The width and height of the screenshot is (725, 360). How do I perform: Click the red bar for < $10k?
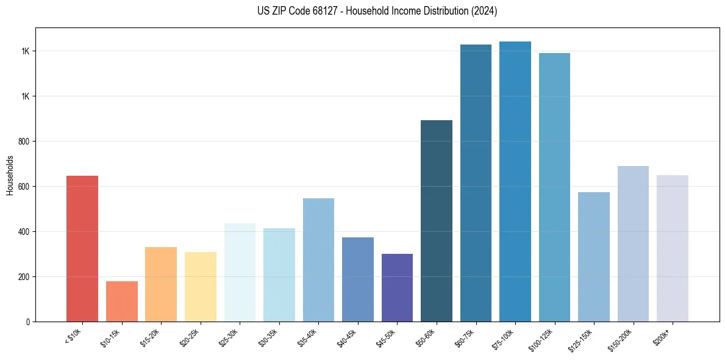pos(82,248)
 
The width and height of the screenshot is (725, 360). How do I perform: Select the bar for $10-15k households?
pos(121,301)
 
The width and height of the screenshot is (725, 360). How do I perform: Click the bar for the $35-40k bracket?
pos(318,260)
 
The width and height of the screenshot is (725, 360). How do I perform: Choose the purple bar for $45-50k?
pos(397,287)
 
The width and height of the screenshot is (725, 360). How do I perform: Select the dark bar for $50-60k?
pos(437,221)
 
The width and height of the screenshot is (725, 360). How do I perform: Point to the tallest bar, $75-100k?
pos(515,181)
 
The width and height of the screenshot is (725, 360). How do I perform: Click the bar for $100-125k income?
pos(554,187)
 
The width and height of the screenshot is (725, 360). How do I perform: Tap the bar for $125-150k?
pos(594,257)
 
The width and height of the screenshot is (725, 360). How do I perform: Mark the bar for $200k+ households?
pos(673,248)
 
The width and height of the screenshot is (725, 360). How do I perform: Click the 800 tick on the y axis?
pos(24,142)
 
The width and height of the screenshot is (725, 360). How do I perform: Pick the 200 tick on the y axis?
pos(24,277)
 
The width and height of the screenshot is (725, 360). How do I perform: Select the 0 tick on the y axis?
pos(28,322)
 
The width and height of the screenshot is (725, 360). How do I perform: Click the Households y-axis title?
pos(10,175)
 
